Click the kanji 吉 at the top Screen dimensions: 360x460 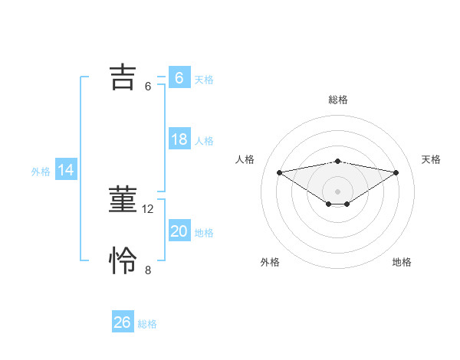[x=123, y=77]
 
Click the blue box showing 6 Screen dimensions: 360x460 [x=179, y=78]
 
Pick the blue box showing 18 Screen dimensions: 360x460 [x=179, y=139]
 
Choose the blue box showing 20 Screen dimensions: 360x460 [x=179, y=231]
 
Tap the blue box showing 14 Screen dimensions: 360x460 [x=66, y=171]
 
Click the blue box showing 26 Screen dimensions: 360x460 [x=122, y=322]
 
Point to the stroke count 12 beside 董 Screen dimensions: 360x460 [x=149, y=208]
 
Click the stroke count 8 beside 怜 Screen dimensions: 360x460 [x=148, y=270]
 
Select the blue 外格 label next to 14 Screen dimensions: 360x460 [x=41, y=172]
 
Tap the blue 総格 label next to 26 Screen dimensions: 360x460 [x=147, y=324]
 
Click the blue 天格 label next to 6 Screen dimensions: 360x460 [x=204, y=79]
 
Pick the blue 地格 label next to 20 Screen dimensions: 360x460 [x=204, y=233]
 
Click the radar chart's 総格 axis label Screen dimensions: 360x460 [x=338, y=100]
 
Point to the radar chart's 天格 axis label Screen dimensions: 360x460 [x=432, y=159]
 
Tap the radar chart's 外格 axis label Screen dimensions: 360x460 [x=270, y=262]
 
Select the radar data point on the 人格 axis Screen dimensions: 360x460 [x=280, y=172]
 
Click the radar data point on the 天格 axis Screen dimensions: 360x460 [x=396, y=172]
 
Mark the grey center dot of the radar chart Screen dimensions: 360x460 [x=338, y=191]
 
